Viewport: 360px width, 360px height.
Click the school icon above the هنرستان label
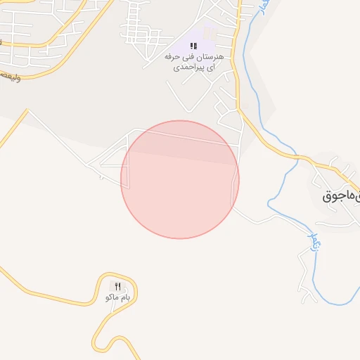[x=193, y=45]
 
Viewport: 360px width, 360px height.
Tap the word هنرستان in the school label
[x=210, y=56]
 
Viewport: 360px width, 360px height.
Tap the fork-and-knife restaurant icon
[x=117, y=286]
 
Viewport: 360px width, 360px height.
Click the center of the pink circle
[x=180, y=179]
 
